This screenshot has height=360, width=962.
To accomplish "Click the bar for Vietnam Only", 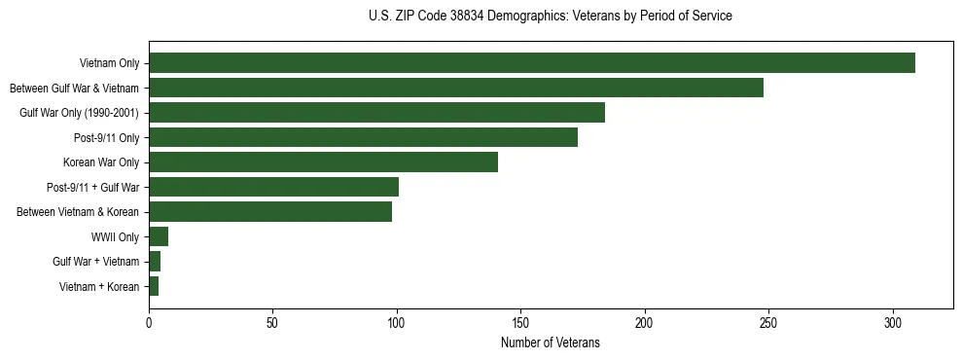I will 532,63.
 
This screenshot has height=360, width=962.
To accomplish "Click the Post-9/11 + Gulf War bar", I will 273,187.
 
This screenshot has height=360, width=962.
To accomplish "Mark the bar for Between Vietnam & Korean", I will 270,212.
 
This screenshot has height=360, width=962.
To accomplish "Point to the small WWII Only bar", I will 159,236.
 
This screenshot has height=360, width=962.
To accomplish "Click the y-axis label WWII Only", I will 116,237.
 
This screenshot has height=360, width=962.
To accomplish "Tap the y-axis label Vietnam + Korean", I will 99,287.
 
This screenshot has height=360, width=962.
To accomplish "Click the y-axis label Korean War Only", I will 101,162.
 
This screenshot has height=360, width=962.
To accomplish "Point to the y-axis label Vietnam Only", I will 109,63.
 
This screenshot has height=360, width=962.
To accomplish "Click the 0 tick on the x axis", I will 149,321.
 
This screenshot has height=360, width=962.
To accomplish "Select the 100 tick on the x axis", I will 397,321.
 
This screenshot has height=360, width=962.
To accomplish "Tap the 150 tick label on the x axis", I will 520,321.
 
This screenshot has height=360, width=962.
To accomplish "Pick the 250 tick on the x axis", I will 768,321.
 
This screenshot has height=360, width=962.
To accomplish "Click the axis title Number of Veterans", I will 551,342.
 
